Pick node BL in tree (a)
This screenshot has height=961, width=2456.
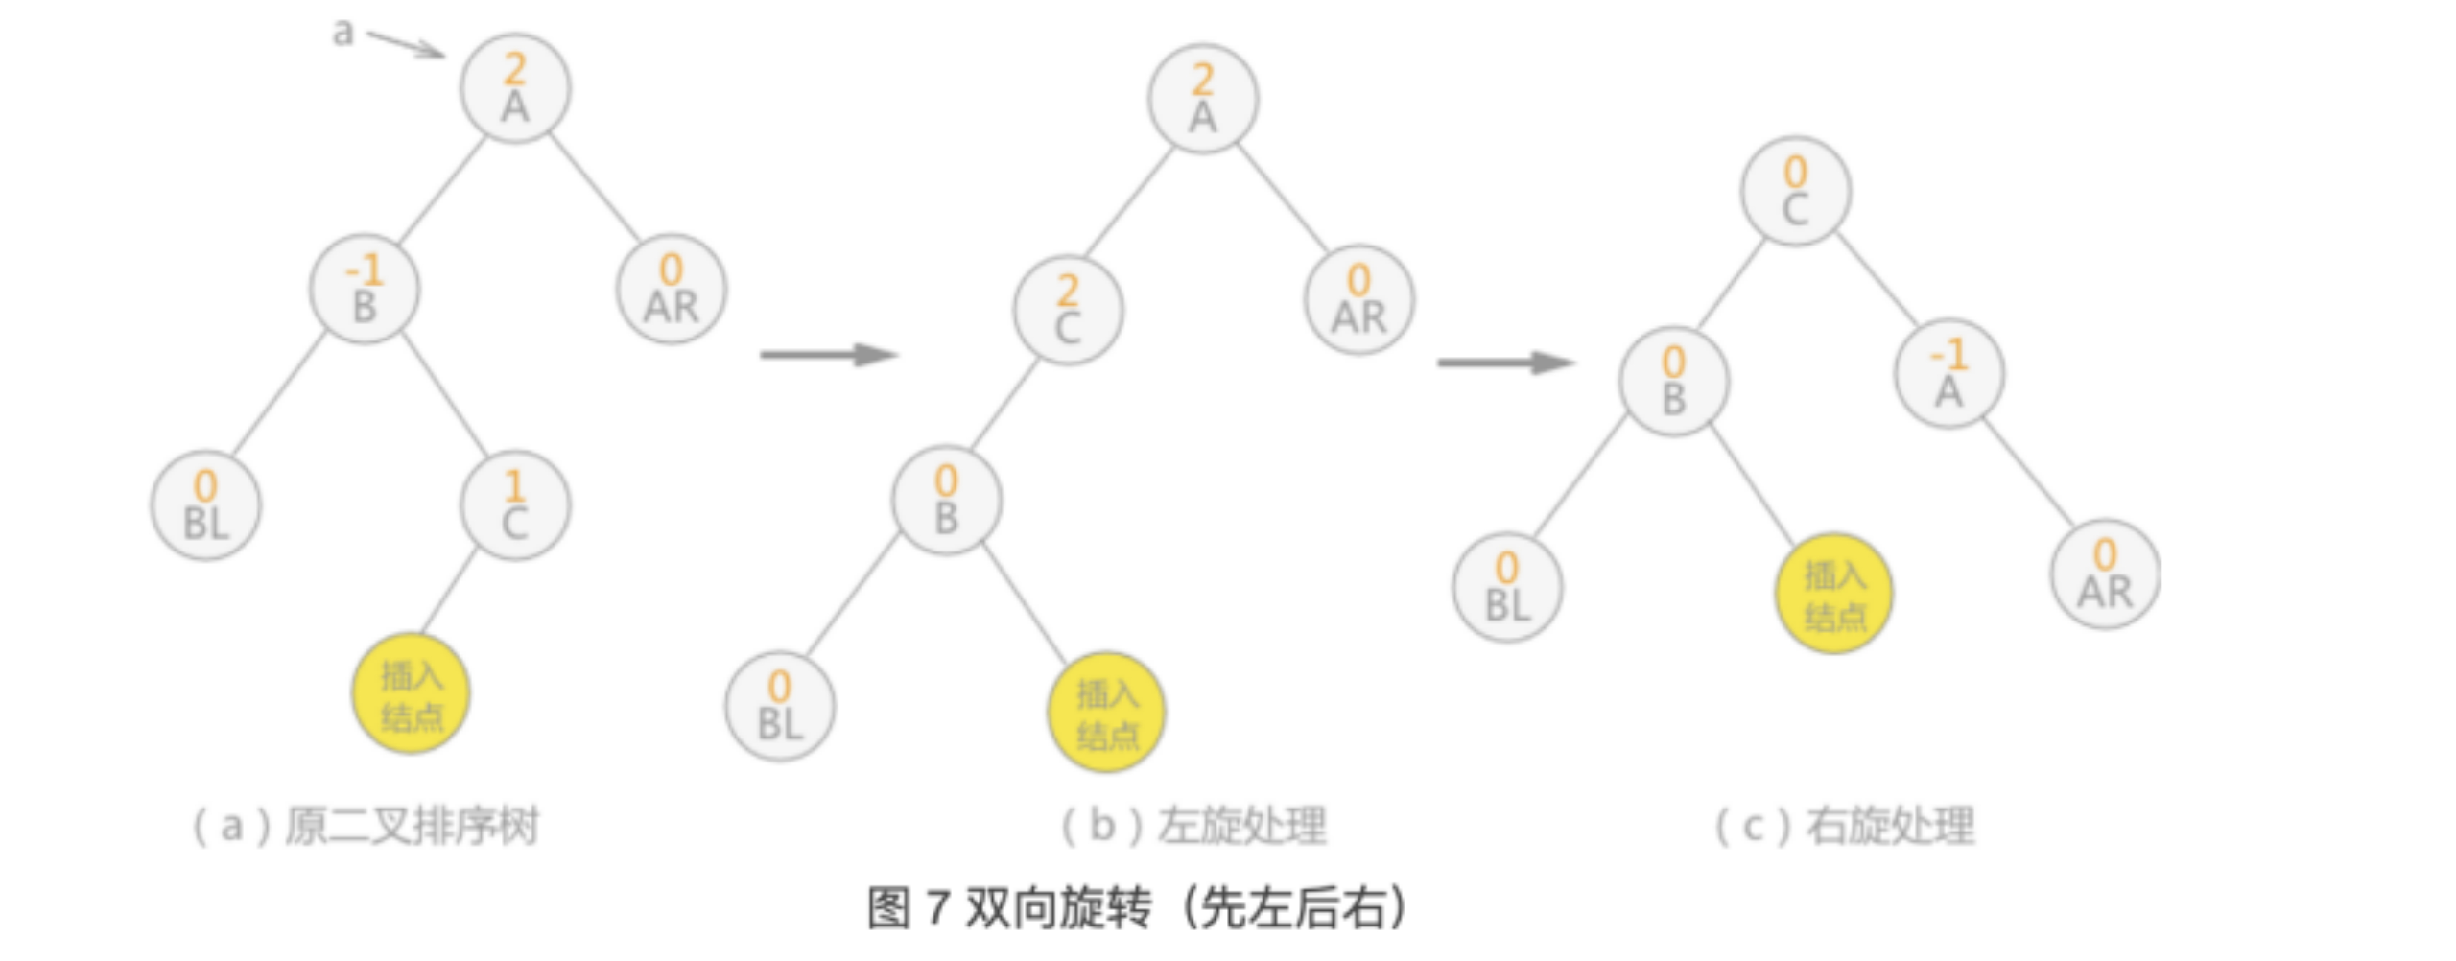206,505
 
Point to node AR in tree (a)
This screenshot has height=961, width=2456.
671,289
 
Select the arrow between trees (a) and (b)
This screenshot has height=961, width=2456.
827,355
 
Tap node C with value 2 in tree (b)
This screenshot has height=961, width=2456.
1068,310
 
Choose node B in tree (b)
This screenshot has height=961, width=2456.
946,500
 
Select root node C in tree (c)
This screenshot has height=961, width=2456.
1795,191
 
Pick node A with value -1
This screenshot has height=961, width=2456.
1949,373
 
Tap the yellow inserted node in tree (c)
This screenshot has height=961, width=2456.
1833,593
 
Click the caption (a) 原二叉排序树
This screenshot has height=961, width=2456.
366,826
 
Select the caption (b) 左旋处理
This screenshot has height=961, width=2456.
1193,826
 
